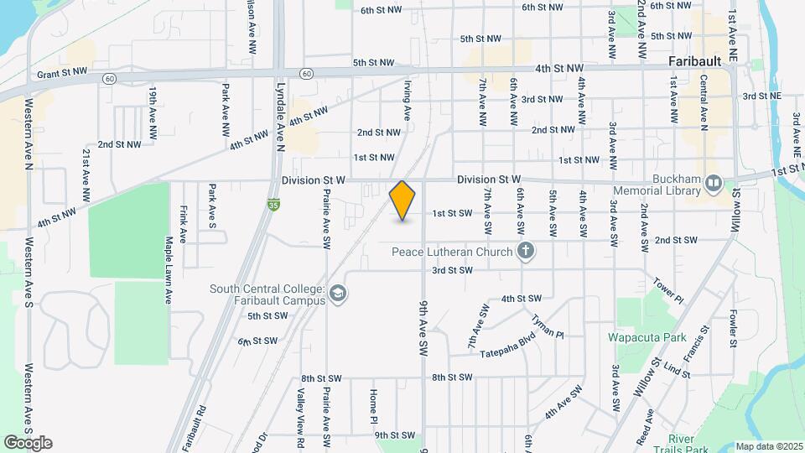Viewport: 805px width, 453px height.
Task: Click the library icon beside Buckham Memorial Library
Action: (x=714, y=181)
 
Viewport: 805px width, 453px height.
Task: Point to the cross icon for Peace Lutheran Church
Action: (x=526, y=249)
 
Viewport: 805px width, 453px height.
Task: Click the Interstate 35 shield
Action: (x=273, y=203)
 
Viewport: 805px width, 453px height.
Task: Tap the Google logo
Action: (x=28, y=443)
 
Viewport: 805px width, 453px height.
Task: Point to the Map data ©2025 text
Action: (x=769, y=446)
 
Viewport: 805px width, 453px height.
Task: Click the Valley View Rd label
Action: (x=299, y=411)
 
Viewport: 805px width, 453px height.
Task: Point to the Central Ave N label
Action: (x=704, y=103)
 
